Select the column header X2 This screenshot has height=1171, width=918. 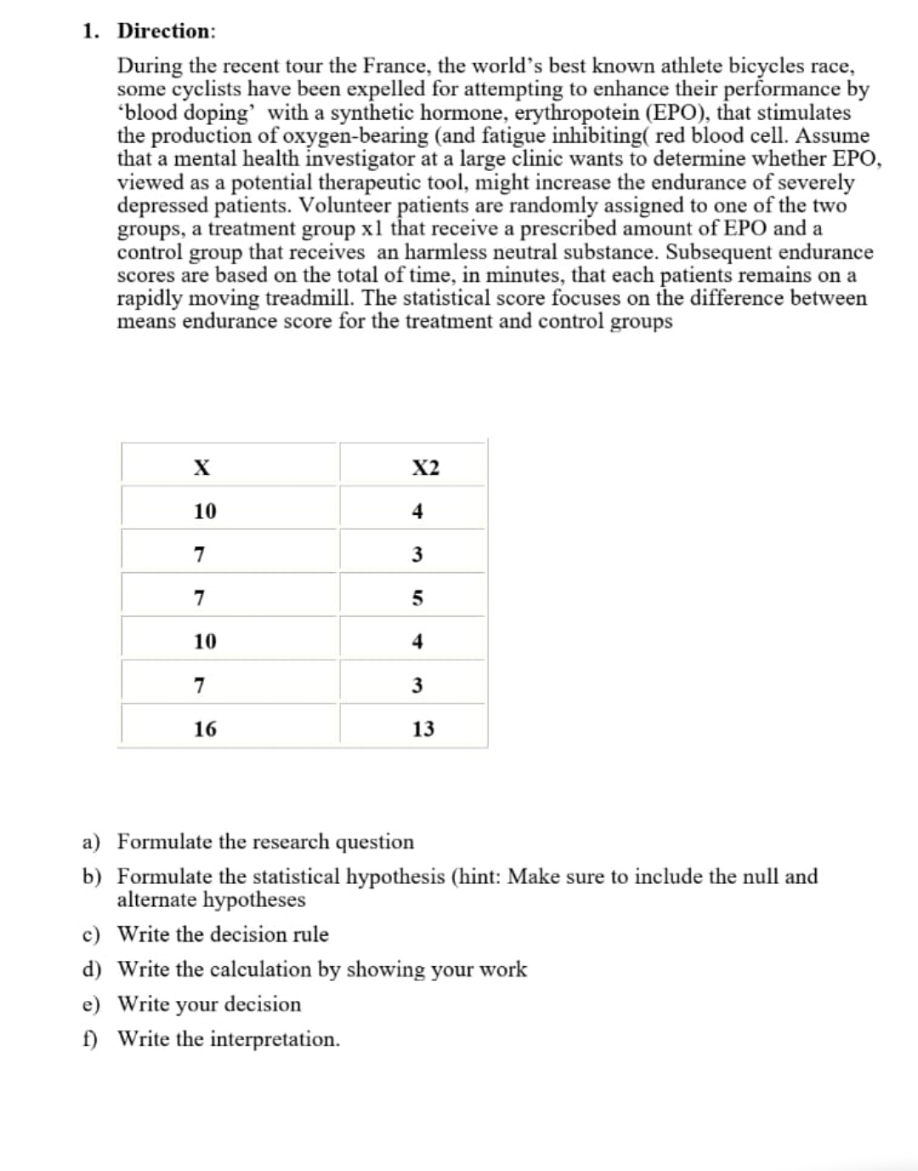point(425,467)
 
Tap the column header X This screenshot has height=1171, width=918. point(201,467)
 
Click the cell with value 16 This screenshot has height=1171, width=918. point(205,728)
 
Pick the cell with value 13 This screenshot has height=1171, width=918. point(422,728)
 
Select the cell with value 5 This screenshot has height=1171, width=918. point(417,597)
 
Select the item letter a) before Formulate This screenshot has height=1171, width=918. point(91,842)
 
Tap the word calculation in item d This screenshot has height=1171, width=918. point(260,969)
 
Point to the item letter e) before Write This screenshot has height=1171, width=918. point(91,1004)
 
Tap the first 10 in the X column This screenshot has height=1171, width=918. point(205,511)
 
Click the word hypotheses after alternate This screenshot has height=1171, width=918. point(253,899)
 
